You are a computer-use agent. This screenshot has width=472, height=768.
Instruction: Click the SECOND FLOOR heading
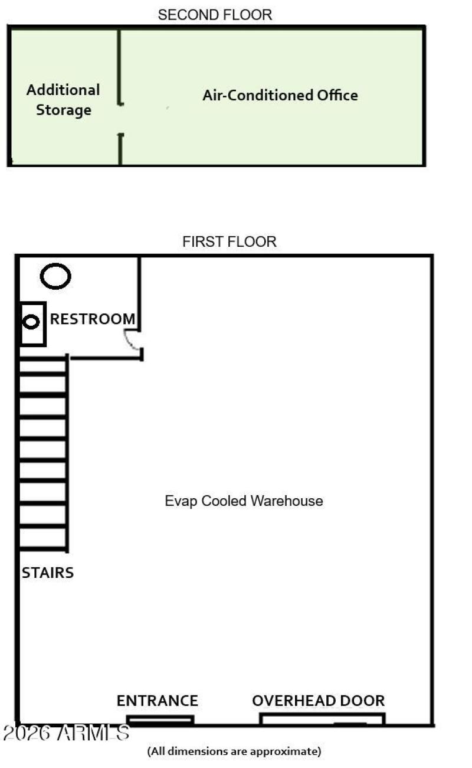[215, 15]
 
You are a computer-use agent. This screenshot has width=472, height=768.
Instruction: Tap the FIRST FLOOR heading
[229, 241]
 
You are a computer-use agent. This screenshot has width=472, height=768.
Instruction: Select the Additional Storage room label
[63, 100]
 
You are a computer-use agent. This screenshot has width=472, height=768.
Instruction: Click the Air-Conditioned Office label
[280, 95]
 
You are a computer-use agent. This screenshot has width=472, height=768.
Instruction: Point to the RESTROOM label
[93, 319]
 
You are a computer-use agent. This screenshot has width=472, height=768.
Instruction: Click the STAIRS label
[48, 572]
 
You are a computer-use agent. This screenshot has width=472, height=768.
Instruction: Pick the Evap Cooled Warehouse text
[244, 501]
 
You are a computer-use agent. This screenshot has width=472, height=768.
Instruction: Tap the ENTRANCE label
[157, 701]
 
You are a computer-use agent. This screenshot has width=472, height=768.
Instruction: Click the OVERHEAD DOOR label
[318, 701]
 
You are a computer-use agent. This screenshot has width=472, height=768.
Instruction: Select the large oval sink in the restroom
[55, 276]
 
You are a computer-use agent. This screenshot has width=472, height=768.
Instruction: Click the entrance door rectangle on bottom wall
[160, 720]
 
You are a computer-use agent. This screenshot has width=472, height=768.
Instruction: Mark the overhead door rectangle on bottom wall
[322, 719]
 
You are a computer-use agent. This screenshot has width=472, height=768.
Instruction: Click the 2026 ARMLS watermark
[65, 733]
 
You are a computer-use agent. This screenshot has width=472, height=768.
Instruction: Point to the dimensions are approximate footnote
[234, 751]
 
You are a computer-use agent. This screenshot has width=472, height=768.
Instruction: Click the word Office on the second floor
[337, 95]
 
